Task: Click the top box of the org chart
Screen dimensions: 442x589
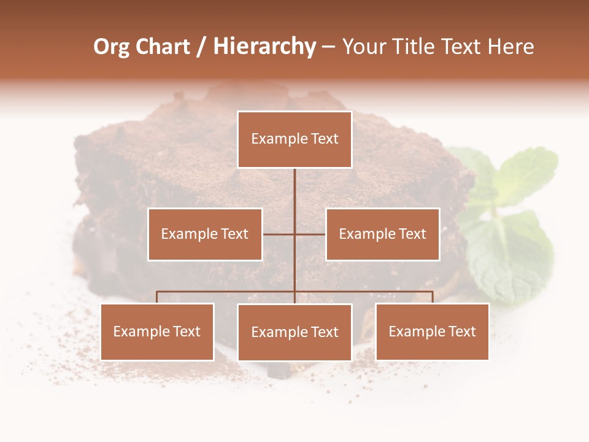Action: click(x=294, y=139)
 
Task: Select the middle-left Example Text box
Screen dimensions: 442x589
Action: click(x=205, y=234)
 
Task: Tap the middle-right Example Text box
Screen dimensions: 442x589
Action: click(x=382, y=234)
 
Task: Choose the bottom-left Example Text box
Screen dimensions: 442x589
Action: click(x=157, y=331)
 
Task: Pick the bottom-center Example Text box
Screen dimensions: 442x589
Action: click(x=294, y=332)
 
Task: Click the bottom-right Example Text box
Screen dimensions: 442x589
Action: click(x=432, y=331)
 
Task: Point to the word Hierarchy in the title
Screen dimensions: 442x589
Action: click(x=264, y=47)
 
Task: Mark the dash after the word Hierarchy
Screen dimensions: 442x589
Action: click(x=328, y=47)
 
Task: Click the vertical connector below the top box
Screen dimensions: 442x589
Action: click(x=294, y=190)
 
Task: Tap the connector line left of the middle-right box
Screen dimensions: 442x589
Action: click(x=310, y=234)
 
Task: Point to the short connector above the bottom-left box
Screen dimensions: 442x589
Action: click(x=157, y=297)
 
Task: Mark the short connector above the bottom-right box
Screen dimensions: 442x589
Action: click(x=433, y=297)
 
